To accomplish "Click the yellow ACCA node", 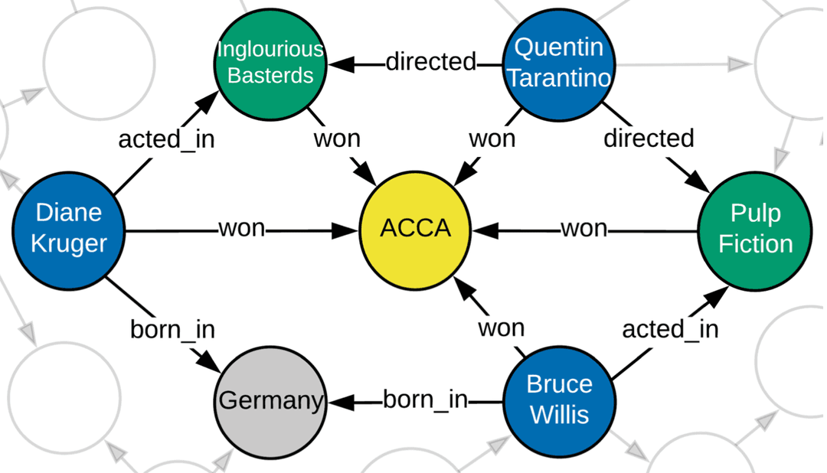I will click(x=416, y=229).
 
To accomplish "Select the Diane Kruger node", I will click(x=69, y=229).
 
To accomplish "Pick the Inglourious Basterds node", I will click(x=270, y=62).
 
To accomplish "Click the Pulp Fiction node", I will click(x=754, y=229).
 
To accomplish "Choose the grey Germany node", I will click(x=270, y=400).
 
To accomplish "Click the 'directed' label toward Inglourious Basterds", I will click(x=430, y=62).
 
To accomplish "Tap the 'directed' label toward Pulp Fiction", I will click(x=649, y=139).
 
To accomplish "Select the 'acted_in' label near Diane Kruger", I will click(x=165, y=139).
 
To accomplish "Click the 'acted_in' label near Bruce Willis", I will click(x=670, y=329).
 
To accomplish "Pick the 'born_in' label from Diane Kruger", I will click(x=172, y=330).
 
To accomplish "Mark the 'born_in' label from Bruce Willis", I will click(x=425, y=400).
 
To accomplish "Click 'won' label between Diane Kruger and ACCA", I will click(x=241, y=229).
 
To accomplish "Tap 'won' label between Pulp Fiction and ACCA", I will click(x=583, y=229).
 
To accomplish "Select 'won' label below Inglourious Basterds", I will click(x=336, y=139).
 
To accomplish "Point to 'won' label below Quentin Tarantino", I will click(x=492, y=139).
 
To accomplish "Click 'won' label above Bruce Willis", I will click(x=502, y=328).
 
